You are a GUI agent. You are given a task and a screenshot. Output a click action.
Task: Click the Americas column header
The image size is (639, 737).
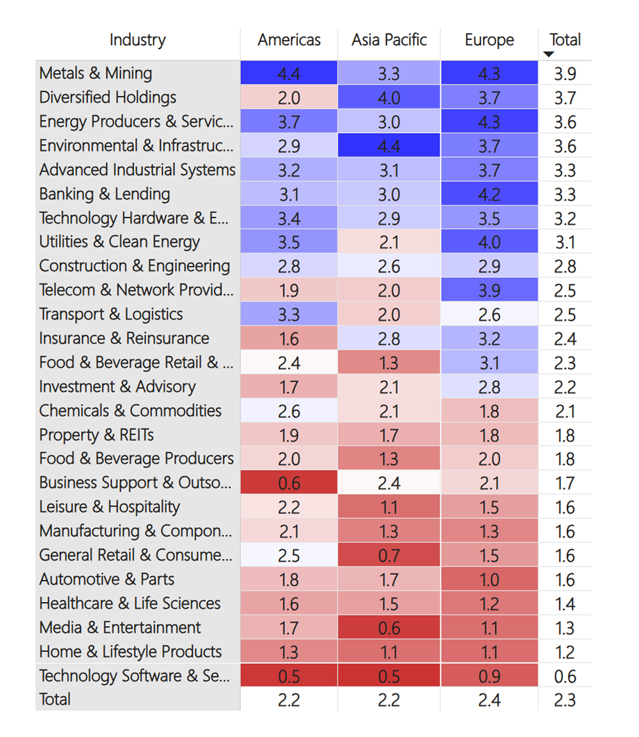coord(289,40)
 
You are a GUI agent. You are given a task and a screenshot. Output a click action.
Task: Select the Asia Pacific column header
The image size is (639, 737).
coord(389,40)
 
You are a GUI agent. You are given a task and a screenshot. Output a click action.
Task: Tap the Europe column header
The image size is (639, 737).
coord(489,40)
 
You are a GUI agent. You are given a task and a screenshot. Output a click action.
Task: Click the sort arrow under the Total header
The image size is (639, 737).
coord(549,54)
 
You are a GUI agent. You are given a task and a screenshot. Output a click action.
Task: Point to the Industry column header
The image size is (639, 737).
coord(137,40)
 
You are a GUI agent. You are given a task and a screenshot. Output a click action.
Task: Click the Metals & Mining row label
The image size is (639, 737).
coord(96,73)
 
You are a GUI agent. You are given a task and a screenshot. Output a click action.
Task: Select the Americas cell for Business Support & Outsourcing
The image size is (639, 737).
coord(289,483)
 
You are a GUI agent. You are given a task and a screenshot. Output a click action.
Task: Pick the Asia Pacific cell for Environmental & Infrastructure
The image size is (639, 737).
coord(389,146)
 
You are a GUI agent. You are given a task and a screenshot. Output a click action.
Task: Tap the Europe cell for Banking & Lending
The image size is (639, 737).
coord(489,194)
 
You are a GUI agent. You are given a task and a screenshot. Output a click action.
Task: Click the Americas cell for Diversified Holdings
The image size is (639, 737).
coord(289,98)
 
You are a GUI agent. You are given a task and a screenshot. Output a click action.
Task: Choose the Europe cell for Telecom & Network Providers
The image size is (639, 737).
coord(489,291)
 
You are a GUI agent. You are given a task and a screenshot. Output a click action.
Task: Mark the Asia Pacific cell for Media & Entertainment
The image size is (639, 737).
coord(389,628)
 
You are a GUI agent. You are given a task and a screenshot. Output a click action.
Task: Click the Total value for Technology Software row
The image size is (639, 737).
coord(564,676)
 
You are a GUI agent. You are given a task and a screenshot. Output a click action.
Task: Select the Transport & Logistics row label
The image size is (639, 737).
coord(111,314)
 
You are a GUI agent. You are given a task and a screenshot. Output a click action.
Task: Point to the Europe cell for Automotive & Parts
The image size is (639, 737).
coord(489,579)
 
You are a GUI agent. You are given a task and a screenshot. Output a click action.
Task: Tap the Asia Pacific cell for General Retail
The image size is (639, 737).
coord(389,556)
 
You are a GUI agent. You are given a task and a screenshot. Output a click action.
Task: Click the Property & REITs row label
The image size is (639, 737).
coord(96,435)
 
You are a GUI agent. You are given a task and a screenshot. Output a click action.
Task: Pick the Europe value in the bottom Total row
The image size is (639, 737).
coord(489,700)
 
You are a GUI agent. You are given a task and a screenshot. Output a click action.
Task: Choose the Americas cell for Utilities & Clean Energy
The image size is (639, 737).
coord(289,243)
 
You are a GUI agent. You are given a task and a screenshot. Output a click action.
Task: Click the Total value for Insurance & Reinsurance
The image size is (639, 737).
coord(564,339)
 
